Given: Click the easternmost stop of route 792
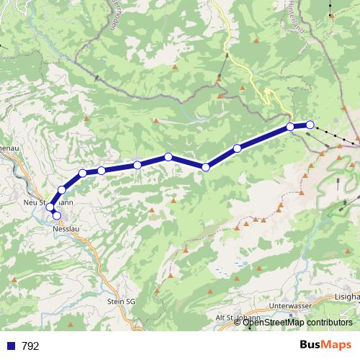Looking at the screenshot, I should [310, 125].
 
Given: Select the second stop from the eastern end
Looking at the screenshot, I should [291, 127].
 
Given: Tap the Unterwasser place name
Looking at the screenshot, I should [288, 305].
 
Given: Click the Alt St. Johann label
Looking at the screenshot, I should [237, 318].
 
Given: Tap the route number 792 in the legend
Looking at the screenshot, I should [30, 346].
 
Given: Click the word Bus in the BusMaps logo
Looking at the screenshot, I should [312, 344].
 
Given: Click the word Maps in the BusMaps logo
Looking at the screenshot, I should [338, 344].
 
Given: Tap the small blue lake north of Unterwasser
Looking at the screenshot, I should [237, 264].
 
